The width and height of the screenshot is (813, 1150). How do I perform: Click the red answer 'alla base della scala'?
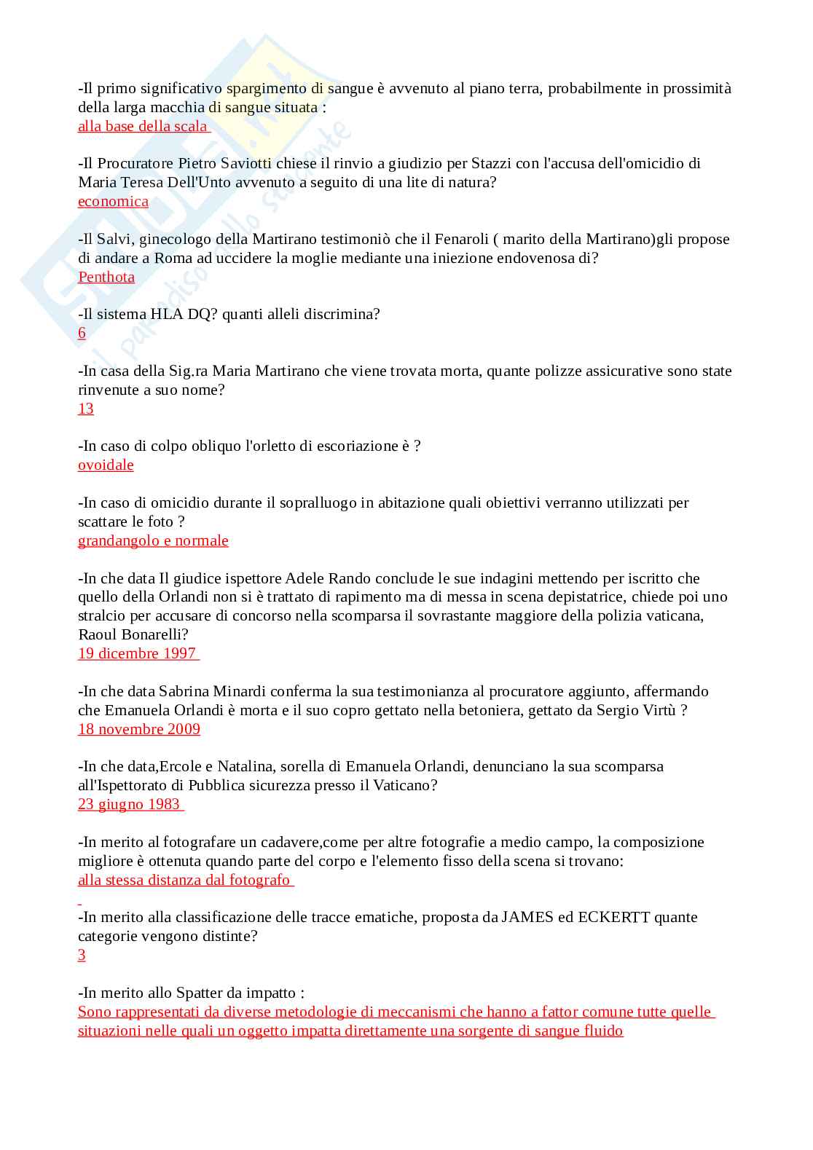[x=143, y=126]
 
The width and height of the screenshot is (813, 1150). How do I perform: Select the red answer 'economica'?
[x=113, y=201]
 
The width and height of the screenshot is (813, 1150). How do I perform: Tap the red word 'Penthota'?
[x=106, y=277]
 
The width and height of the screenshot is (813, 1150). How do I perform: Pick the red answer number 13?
[x=86, y=409]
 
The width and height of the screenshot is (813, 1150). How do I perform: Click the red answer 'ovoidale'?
[x=106, y=465]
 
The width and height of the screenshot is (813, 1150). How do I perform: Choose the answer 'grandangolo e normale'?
[x=153, y=540]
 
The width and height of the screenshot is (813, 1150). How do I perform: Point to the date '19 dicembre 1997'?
[x=137, y=653]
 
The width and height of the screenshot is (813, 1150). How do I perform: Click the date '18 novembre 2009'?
[x=139, y=729]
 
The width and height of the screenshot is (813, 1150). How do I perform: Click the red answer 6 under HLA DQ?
[x=82, y=333]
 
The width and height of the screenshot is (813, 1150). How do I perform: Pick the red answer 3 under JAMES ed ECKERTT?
[x=82, y=955]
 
